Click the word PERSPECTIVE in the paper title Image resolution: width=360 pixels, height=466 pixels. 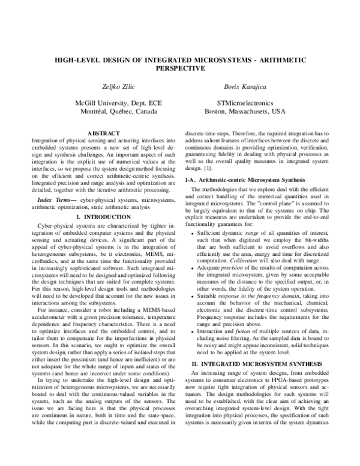click(179, 68)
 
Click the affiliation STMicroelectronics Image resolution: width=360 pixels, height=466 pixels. click(245, 103)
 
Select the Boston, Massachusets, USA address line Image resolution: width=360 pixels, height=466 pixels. click(245, 112)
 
